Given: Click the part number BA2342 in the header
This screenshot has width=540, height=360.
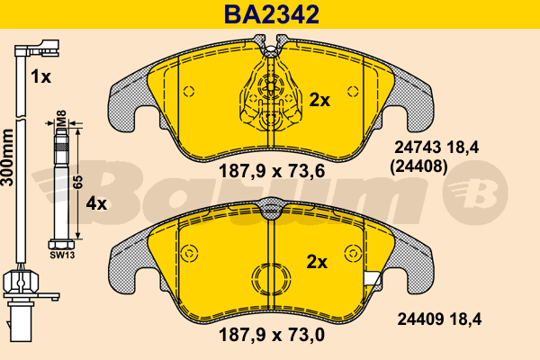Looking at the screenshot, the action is pos(272,14).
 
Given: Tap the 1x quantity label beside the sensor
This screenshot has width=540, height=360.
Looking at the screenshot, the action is pos(40,76).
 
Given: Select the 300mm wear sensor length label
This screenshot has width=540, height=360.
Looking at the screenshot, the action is pos(7,157).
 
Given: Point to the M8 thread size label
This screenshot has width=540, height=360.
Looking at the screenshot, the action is pos(61,118).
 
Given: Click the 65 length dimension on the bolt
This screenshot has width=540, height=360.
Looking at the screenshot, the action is pos(79,182).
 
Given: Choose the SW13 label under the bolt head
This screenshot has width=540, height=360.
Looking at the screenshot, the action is pos(62,256).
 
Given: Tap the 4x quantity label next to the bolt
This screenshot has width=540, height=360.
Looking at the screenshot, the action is pos(96,204).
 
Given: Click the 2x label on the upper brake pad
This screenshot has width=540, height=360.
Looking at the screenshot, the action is pos(319,100).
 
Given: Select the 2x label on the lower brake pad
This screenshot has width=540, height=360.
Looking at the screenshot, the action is pos(317,263).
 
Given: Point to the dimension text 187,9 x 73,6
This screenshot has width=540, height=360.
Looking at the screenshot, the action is pos(272,171).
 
